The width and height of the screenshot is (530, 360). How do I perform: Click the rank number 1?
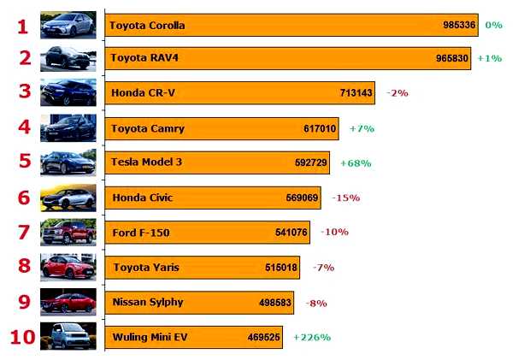pos(23,27)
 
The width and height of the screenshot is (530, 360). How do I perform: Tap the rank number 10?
pos(22,336)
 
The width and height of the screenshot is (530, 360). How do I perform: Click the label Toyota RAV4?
pos(144,58)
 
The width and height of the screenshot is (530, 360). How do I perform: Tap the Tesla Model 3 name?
pos(147,162)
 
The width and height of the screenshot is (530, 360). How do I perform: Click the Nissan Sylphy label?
pos(148,302)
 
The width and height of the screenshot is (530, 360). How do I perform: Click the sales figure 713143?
pos(356,92)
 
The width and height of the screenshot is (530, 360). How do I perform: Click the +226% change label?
pos(312,337)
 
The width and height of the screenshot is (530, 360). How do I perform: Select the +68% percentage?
pos(356,162)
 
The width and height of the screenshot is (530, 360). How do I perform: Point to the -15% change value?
pos(345,198)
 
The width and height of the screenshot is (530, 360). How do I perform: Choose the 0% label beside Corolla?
pos(493,25)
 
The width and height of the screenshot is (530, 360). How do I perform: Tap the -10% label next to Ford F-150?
pos(334,232)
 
